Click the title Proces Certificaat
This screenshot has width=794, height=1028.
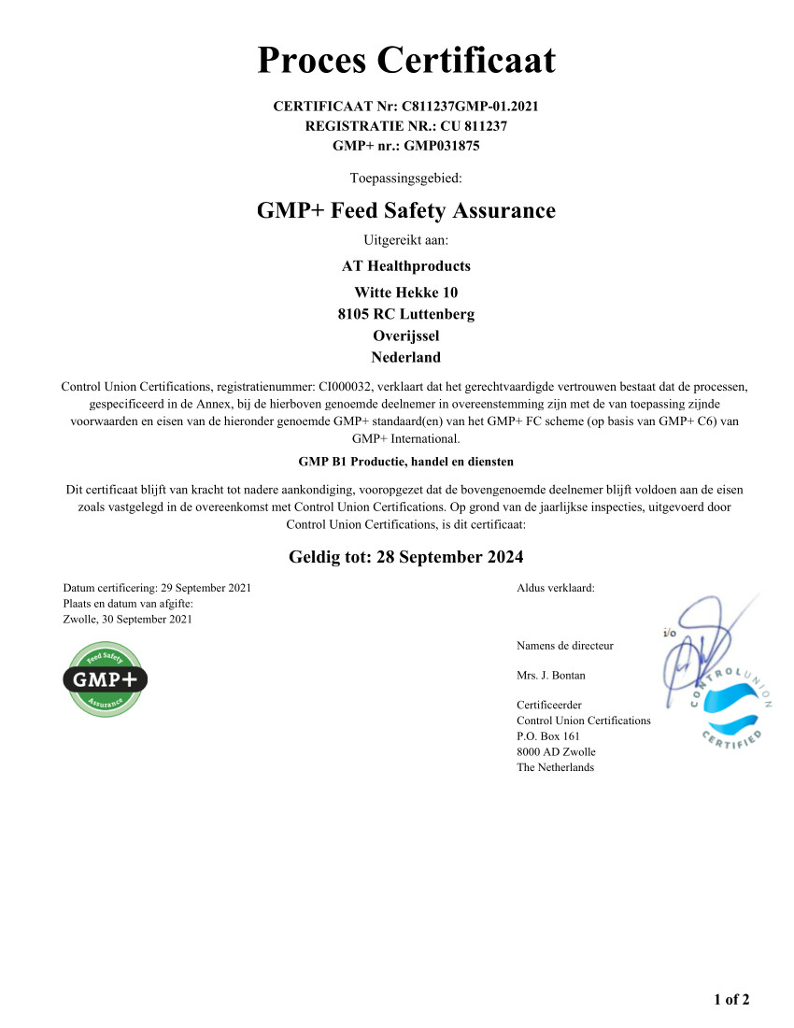click(405, 61)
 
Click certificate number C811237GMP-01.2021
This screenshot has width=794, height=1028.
click(470, 107)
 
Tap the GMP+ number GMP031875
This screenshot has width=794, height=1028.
click(442, 146)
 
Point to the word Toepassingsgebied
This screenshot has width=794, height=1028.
click(405, 178)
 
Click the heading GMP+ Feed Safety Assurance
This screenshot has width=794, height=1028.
click(405, 211)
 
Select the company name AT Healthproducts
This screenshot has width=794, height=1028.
click(405, 266)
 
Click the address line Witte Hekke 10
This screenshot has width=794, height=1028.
click(405, 293)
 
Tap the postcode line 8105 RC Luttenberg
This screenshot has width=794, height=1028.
click(405, 314)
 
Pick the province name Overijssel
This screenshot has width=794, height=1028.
click(405, 336)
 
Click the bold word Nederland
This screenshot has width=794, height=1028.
click(405, 357)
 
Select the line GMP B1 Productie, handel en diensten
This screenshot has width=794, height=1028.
click(405, 462)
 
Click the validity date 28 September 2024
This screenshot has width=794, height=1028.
click(448, 557)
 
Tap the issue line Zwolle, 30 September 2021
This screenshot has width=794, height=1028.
click(127, 619)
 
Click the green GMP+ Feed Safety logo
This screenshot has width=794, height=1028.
click(105, 679)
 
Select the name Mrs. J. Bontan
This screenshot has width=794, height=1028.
click(551, 675)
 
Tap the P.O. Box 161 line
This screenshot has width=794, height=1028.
click(548, 736)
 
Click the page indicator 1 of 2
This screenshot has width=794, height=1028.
click(731, 1000)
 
